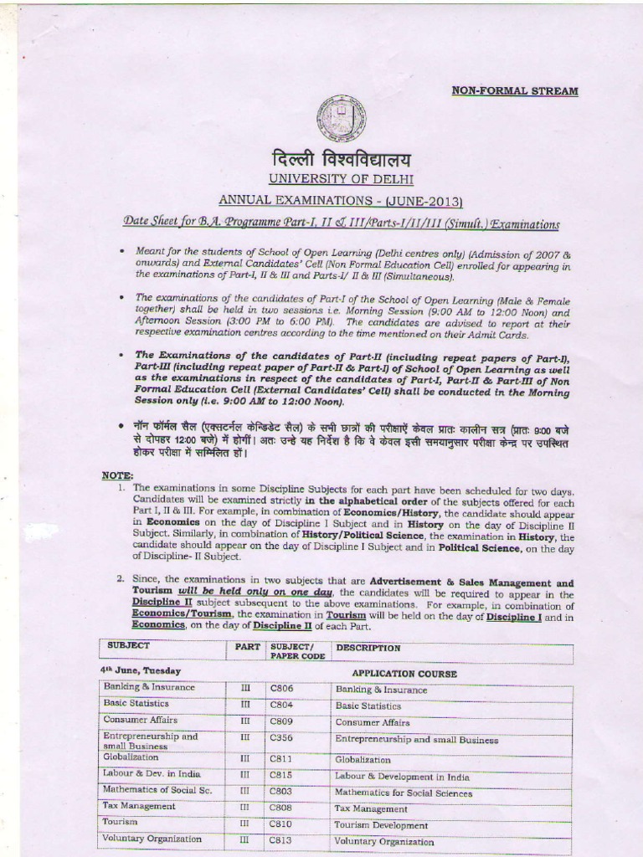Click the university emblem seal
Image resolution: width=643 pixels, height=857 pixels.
341,116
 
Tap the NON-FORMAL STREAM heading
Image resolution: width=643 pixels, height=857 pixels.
515,90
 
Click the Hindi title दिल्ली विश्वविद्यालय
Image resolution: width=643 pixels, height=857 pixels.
341,158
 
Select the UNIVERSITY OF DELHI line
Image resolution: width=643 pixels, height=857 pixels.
341,179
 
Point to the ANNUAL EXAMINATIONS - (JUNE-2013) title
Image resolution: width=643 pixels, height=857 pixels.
341,201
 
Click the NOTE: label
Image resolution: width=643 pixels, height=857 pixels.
117,475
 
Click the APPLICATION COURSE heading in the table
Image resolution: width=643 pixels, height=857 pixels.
404,673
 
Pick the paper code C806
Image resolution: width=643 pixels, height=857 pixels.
281,688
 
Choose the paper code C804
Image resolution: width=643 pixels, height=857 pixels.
281,705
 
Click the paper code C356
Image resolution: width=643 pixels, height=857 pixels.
281,738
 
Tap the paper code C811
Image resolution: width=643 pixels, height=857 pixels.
281,758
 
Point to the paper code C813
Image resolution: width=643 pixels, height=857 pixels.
281,840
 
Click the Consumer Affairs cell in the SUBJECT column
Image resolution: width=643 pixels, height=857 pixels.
139,720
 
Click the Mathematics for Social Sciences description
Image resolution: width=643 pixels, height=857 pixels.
403,793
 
